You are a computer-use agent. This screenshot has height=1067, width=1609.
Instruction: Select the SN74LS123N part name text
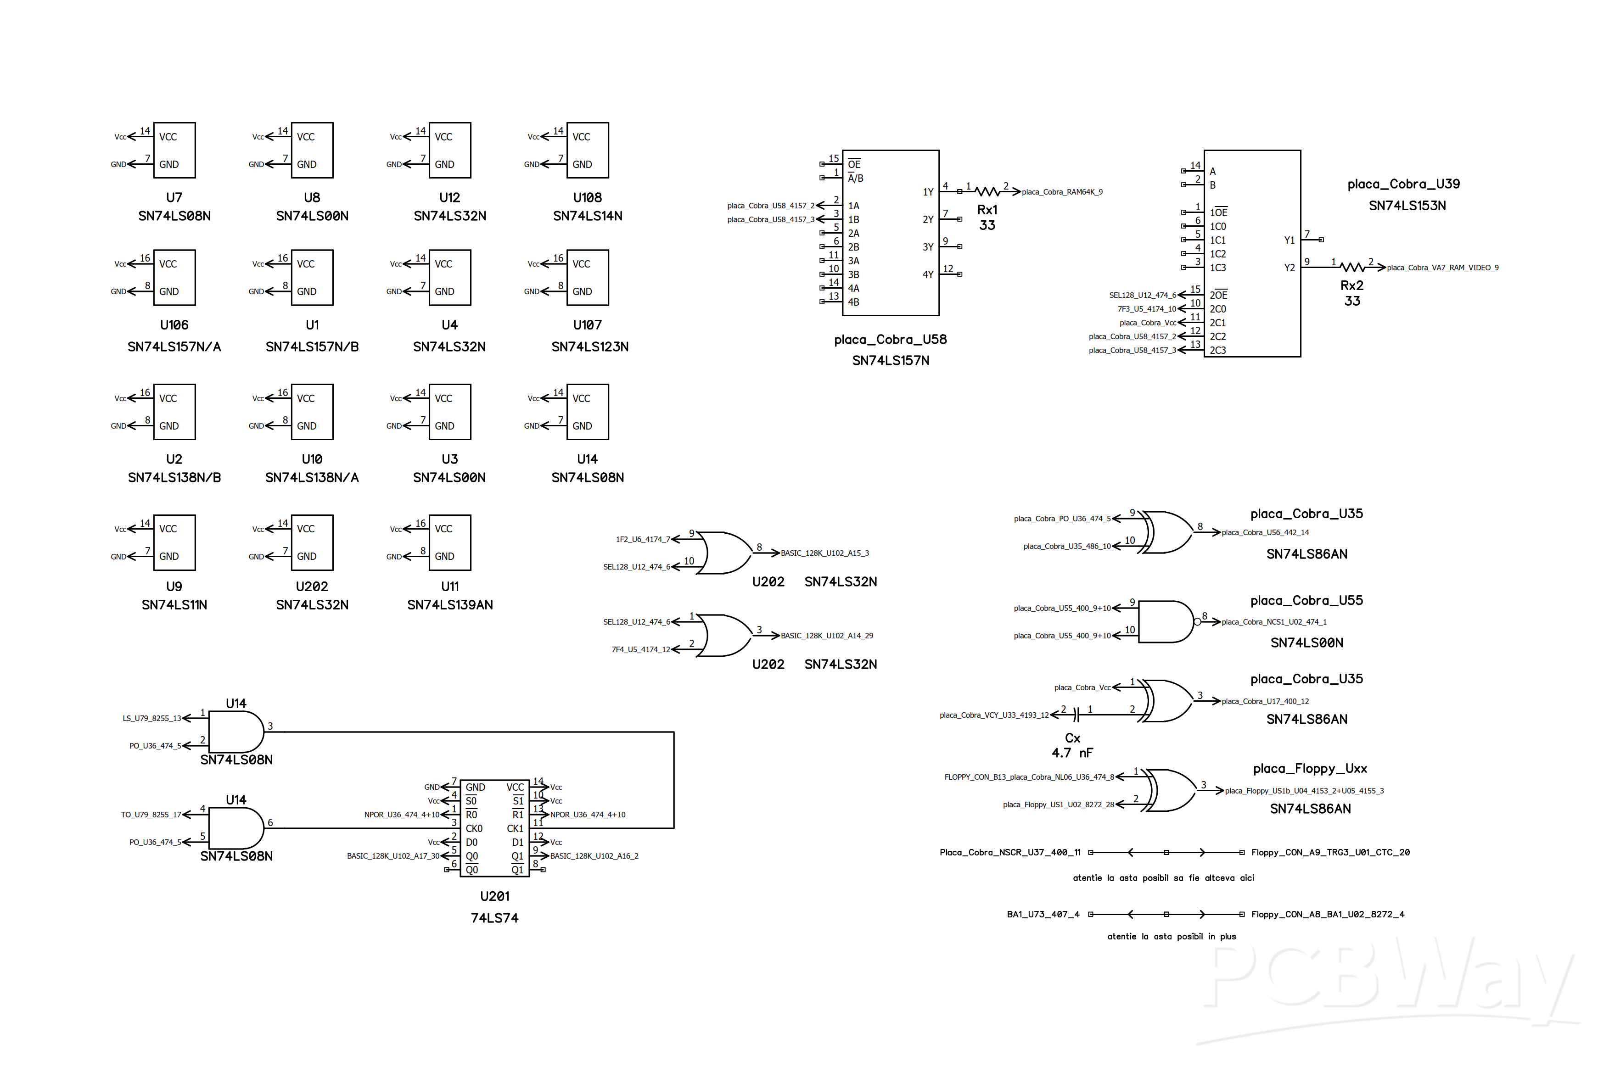point(589,346)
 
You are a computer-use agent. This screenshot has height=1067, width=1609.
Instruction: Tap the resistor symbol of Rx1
point(987,191)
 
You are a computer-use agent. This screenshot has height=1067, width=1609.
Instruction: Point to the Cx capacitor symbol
point(1076,715)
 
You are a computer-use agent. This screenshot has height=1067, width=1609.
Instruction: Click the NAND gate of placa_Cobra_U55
point(1165,621)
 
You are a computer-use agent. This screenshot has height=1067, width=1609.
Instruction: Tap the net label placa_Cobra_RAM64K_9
point(1062,192)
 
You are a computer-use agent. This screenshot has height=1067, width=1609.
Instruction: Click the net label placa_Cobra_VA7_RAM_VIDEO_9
point(1442,268)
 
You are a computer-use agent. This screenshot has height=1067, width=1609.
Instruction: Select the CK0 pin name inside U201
point(474,828)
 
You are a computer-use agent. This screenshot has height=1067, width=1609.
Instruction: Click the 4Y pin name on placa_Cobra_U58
point(928,274)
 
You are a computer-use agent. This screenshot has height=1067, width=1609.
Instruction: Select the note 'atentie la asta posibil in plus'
point(1171,936)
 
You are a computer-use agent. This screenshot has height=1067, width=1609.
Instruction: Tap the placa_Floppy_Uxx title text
point(1310,768)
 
